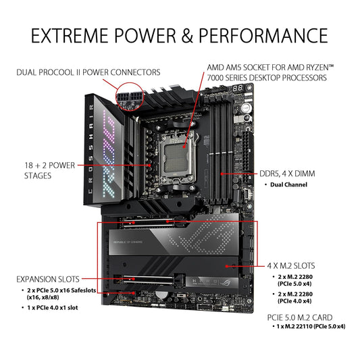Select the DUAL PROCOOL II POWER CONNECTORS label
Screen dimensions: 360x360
89,71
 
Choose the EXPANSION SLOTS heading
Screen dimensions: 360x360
47,278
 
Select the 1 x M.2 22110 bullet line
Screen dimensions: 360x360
311,327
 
